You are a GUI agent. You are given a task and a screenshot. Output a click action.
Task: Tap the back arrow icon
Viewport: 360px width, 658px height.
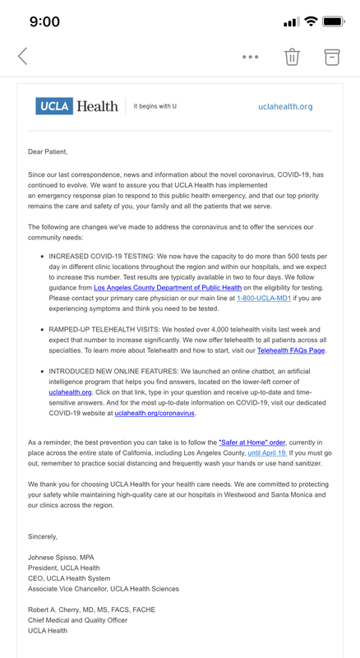tap(23, 56)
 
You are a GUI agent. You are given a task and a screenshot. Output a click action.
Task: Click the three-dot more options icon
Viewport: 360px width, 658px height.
tap(251, 57)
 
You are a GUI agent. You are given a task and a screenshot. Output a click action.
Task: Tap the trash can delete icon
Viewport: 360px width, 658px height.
tap(292, 57)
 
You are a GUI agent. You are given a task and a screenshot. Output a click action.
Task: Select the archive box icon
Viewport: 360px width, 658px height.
tap(331, 57)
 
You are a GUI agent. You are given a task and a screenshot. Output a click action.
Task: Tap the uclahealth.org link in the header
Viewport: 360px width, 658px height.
tap(285, 107)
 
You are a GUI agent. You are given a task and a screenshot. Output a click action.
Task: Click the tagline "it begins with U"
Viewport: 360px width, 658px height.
tap(155, 107)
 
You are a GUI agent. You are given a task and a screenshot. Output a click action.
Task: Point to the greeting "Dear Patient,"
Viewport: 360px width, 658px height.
tap(48, 152)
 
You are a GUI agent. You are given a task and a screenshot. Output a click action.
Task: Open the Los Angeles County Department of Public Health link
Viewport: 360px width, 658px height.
tap(168, 288)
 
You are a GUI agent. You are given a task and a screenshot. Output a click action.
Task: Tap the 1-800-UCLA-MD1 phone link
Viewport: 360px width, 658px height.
tap(264, 299)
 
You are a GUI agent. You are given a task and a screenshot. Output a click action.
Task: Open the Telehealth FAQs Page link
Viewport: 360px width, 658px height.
tap(291, 350)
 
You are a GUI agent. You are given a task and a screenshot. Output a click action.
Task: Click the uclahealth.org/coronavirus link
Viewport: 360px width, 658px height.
tap(155, 413)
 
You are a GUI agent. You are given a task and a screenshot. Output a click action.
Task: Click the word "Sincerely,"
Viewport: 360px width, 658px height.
tap(43, 536)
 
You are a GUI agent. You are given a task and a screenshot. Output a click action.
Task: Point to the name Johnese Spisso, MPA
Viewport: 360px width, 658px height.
tap(61, 558)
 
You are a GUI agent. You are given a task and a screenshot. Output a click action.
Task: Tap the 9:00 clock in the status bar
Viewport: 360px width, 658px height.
tap(44, 22)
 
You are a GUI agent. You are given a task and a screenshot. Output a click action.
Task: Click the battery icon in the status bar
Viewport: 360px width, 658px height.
tap(334, 22)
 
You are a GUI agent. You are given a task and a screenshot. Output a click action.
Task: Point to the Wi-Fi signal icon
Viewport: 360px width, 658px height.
tap(311, 22)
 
